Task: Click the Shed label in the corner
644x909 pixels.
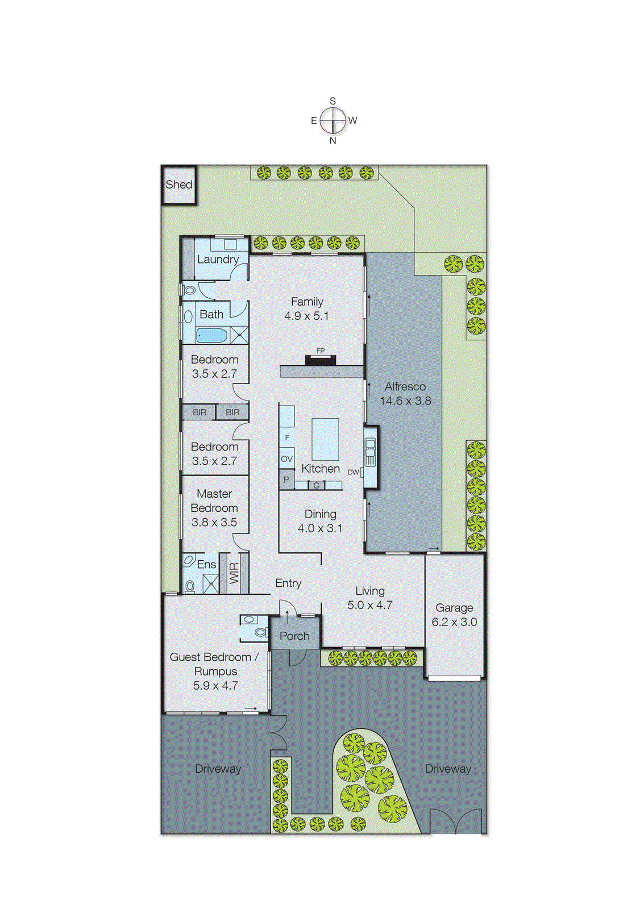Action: (178, 185)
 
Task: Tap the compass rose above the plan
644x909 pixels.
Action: (333, 120)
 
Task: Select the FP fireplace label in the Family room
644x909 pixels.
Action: (321, 351)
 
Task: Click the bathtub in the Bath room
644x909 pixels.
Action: (211, 335)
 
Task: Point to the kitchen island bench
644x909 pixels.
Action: (325, 439)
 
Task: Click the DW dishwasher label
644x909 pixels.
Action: (353, 472)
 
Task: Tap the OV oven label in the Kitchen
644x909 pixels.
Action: (286, 458)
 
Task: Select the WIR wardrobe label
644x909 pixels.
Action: (234, 573)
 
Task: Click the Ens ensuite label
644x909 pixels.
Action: (206, 564)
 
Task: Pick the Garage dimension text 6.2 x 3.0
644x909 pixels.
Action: (454, 622)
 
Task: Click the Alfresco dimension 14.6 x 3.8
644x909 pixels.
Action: (405, 401)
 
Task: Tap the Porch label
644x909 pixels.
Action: (294, 636)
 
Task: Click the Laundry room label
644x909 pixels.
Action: (218, 260)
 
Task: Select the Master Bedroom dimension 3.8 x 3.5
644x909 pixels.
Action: (214, 522)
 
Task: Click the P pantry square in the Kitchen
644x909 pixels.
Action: (286, 480)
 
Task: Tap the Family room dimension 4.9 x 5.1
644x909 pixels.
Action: (307, 316)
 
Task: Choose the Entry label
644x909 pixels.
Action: (288, 583)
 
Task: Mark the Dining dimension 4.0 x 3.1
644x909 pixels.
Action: (320, 528)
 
